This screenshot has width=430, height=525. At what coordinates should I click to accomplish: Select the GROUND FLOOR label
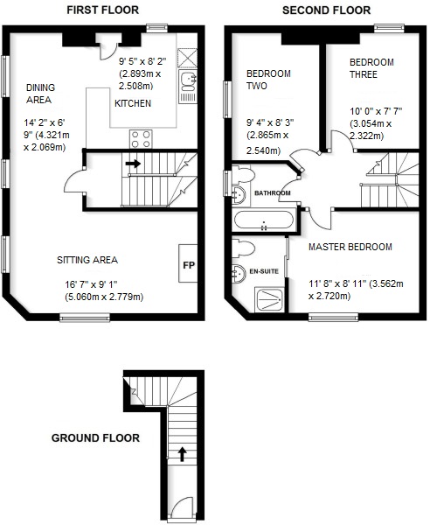[x=94, y=437]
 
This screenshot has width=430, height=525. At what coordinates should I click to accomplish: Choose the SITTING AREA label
[x=87, y=260]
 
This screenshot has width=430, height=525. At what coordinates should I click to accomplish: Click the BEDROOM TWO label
[x=268, y=81]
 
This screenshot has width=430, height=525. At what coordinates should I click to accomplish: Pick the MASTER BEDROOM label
[x=350, y=247]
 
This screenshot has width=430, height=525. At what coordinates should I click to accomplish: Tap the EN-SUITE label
[x=264, y=272]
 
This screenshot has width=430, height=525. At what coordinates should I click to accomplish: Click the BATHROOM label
[x=272, y=192]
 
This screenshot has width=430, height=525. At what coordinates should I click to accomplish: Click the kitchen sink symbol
[x=187, y=81]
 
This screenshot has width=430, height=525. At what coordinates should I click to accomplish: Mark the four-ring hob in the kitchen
[x=142, y=138]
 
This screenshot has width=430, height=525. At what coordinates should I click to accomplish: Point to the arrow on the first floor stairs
[x=133, y=163]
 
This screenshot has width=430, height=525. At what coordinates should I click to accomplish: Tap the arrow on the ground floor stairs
[x=182, y=453]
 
